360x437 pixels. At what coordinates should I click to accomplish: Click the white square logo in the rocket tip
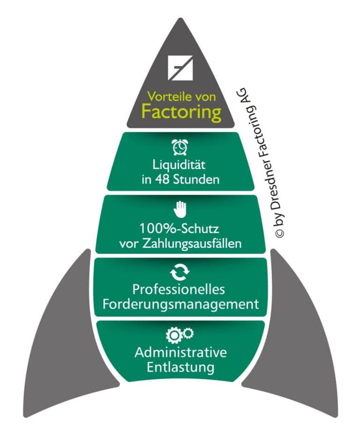coord(180,68)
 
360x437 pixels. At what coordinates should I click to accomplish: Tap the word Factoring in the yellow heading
coord(181,112)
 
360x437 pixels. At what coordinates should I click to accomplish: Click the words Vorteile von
coord(182,96)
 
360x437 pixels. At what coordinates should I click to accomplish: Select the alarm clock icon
coord(180,147)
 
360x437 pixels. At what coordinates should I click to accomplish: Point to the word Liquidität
coord(179,164)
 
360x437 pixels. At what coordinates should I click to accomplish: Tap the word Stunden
coord(196,179)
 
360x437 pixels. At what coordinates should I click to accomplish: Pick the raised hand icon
coord(180,209)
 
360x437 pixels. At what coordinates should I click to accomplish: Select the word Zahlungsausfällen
coord(192,244)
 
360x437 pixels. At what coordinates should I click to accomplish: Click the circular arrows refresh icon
coord(180,272)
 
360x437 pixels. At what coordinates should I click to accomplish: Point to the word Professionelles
coord(179,289)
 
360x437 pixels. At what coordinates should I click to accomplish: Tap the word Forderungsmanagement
coord(180,304)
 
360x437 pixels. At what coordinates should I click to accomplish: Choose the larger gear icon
coord(174,335)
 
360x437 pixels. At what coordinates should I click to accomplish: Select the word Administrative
coord(180,352)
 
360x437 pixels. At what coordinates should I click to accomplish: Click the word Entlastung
coord(180,367)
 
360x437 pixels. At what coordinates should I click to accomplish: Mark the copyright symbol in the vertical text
coord(280,233)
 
